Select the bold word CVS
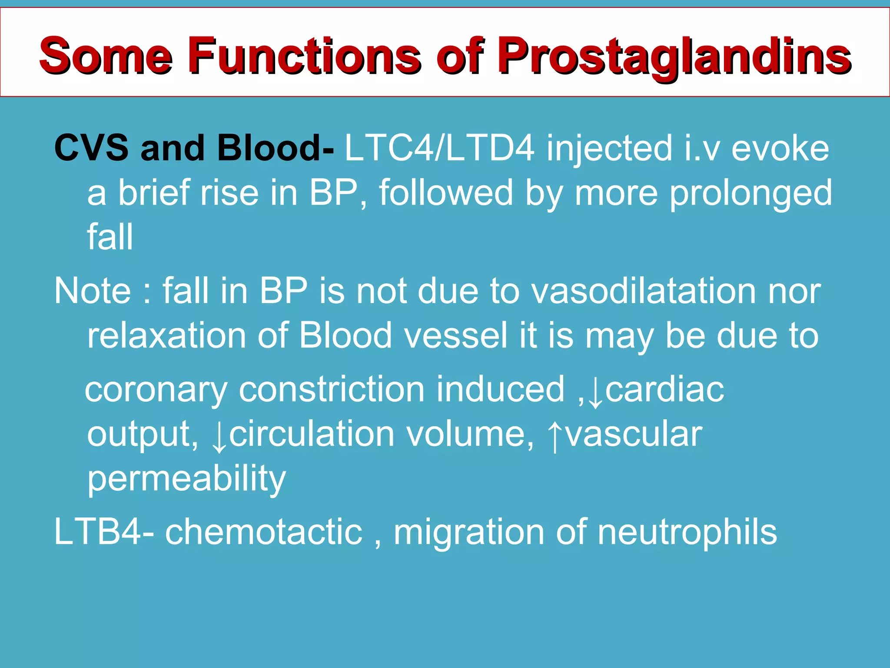coord(91,148)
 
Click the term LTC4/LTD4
coord(439,148)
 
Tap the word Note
coord(92,291)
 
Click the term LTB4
coord(98,531)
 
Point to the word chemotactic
coord(263,531)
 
